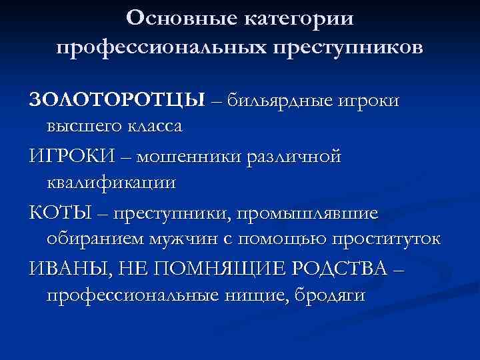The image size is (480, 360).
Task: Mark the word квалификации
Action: tap(111, 182)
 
